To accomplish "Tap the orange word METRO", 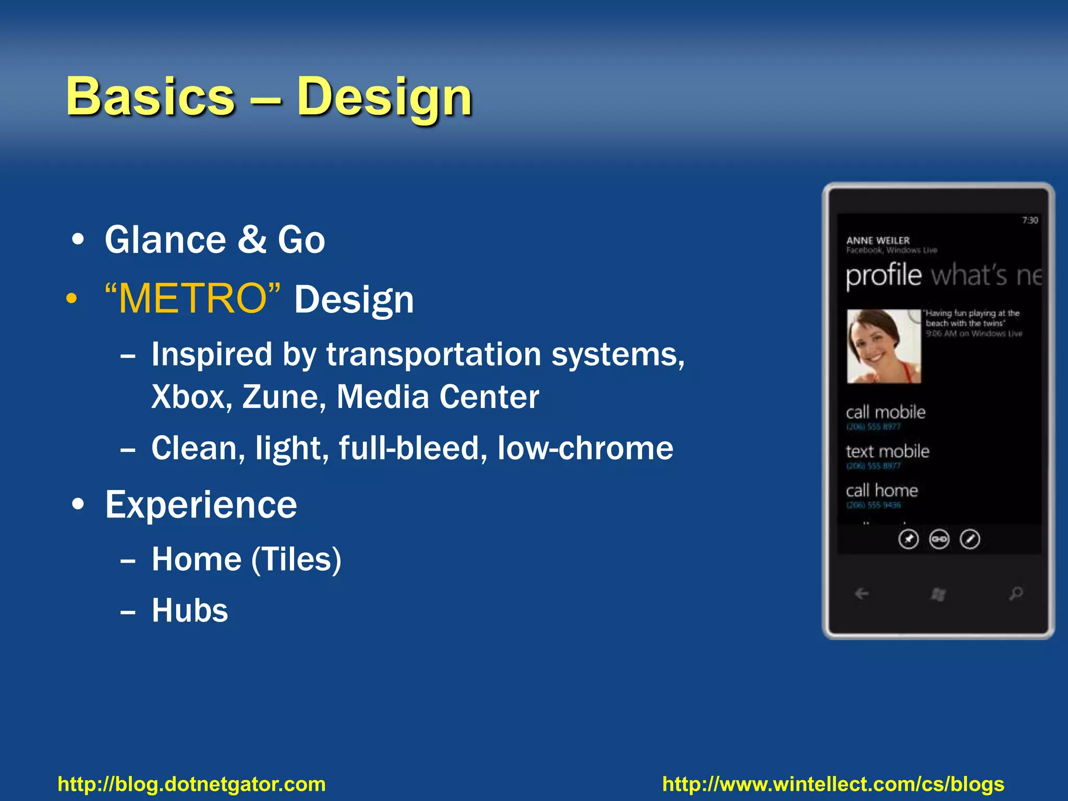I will pos(192,298).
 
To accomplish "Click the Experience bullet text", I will pos(201,505).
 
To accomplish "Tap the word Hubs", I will pos(190,610).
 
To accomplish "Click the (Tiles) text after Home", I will pos(296,560).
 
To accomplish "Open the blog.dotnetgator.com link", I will pos(191,784).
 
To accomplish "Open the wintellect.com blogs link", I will pos(833,784).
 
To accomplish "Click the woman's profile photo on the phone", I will pos(883,346).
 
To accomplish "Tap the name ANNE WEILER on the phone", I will pos(878,240).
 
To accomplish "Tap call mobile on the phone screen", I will pos(885,412).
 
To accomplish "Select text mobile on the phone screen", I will pos(887,452).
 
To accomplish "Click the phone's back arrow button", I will pos(861,593).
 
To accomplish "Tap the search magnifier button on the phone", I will pos(1015,593).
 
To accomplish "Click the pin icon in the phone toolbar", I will pos(908,539).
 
